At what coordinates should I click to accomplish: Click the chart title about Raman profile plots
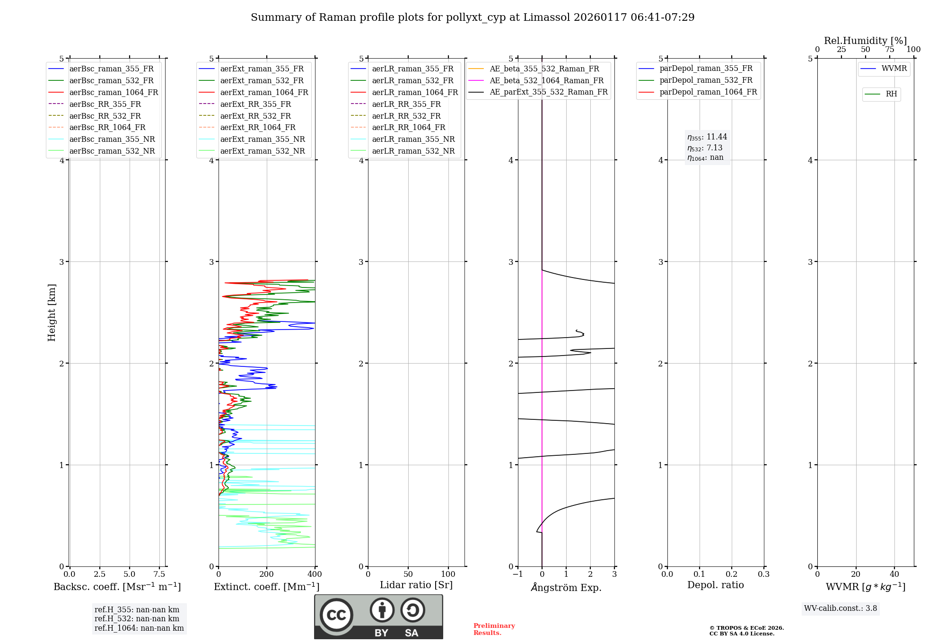[473, 17]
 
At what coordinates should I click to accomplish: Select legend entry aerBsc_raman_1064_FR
[114, 92]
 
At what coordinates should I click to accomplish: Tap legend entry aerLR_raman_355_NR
[413, 139]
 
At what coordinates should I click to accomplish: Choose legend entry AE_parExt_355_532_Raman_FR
[548, 92]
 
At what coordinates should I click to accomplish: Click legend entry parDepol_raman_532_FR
[706, 80]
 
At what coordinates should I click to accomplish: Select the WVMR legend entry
[894, 69]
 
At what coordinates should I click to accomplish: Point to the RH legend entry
[891, 94]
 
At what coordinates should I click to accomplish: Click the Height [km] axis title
[52, 313]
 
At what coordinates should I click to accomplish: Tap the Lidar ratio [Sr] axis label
[416, 585]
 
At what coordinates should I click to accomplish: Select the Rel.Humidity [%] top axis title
[865, 41]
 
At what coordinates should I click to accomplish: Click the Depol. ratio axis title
[715, 585]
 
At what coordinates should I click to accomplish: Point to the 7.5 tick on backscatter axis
[159, 574]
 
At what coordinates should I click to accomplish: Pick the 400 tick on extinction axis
[315, 574]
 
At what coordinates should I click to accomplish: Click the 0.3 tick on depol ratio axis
[763, 574]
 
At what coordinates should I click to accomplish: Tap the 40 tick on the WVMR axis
[894, 574]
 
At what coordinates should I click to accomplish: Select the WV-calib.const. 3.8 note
[841, 608]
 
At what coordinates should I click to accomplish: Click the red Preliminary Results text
[494, 629]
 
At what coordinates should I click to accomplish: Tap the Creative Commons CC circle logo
[336, 615]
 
